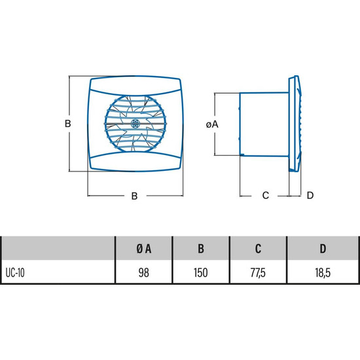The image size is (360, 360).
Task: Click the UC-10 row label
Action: [x=15, y=273]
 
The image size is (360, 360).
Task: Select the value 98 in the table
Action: [x=144, y=273]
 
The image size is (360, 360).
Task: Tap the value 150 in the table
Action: [x=201, y=273]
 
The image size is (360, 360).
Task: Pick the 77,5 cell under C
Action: [x=258, y=273]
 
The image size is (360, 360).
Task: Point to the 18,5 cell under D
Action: [x=323, y=273]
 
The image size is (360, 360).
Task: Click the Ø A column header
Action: [x=144, y=249]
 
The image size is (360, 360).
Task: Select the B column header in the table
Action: [x=201, y=249]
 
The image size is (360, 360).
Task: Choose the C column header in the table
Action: [x=259, y=249]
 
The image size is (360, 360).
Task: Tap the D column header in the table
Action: [x=323, y=249]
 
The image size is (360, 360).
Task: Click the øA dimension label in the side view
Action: [x=212, y=124]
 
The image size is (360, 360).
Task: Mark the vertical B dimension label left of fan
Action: [x=67, y=124]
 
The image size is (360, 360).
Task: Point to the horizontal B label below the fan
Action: [x=135, y=196]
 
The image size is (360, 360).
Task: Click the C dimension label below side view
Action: [x=265, y=196]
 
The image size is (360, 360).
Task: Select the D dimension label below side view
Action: [x=310, y=196]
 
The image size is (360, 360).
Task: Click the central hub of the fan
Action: [x=135, y=124]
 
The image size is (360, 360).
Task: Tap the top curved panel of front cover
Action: [x=135, y=86]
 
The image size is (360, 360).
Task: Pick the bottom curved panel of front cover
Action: [x=135, y=162]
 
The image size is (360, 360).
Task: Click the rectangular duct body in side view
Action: [x=264, y=124]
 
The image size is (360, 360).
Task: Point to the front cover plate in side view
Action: [x=295, y=124]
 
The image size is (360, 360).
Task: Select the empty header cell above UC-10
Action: [x=58, y=249]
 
